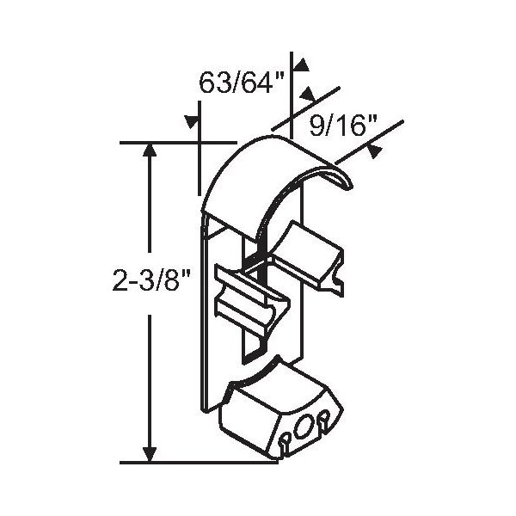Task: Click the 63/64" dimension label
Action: [242, 83]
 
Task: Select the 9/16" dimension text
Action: [343, 126]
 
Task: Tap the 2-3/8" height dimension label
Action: [151, 279]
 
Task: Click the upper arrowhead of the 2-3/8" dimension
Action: [150, 150]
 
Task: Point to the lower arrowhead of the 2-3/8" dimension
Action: [150, 455]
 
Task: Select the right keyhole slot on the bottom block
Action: [323, 421]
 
